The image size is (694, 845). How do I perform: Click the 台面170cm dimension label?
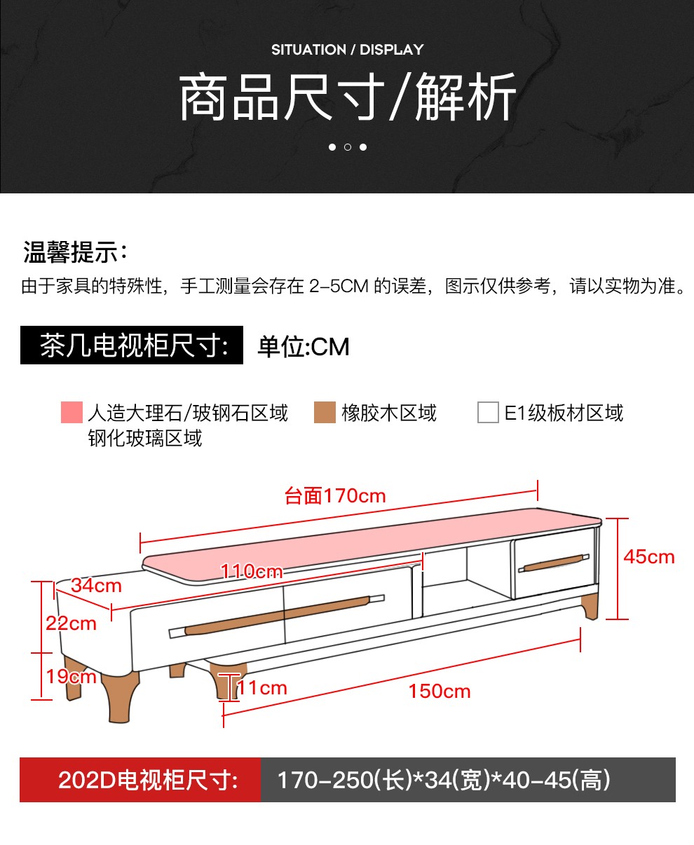click(335, 495)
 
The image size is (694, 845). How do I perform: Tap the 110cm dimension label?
click(252, 571)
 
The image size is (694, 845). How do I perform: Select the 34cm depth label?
click(96, 585)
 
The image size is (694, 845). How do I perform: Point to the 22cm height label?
click(71, 624)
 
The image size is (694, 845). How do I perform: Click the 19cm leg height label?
click(71, 677)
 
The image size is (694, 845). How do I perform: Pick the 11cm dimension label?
click(263, 688)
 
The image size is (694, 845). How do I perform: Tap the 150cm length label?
click(440, 692)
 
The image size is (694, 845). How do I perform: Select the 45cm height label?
click(649, 557)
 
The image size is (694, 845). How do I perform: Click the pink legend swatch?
click(72, 412)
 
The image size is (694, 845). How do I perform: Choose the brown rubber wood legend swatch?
click(325, 412)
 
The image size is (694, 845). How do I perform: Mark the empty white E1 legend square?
click(488, 412)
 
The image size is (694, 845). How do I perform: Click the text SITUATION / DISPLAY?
click(347, 50)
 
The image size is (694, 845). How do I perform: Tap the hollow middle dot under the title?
click(348, 147)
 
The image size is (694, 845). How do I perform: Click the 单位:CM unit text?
click(303, 347)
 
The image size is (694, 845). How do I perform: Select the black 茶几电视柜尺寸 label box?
click(132, 345)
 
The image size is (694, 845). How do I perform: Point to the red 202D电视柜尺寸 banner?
click(140, 780)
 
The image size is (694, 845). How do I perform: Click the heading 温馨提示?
click(75, 252)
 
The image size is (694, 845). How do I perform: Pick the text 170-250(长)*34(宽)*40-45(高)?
click(444, 780)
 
